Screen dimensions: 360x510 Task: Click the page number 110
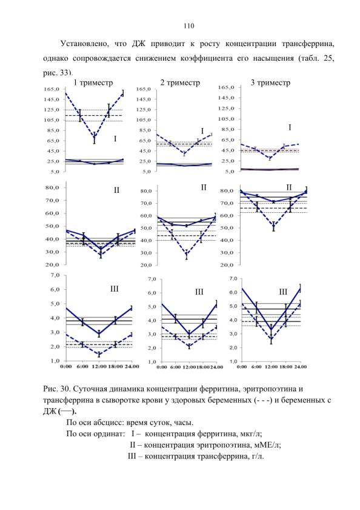188,26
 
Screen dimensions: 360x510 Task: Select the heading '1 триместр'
93,82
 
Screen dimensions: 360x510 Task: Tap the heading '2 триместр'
180,82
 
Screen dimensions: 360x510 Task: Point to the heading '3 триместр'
270,82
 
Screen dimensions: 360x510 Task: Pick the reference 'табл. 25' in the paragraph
318,59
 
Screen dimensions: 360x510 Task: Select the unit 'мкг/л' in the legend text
250,434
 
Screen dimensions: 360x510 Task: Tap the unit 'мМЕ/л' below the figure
268,445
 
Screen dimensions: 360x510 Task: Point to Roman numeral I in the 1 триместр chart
115,139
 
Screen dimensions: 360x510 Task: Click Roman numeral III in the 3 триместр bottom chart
283,292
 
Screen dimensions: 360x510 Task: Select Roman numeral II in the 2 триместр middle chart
204,187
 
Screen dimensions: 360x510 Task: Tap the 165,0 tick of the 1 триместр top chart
52,89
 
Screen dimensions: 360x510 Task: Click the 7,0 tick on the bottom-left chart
55,275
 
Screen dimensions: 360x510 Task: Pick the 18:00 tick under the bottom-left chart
115,366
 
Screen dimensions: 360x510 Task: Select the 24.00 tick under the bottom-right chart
300,367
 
